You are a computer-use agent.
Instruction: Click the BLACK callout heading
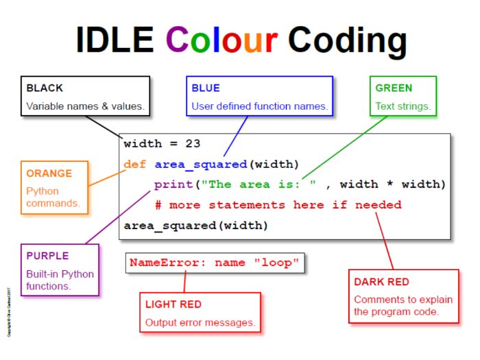point(45,88)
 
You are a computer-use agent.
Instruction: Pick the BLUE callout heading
point(205,88)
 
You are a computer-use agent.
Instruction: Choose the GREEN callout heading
point(394,88)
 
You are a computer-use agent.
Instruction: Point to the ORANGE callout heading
point(49,173)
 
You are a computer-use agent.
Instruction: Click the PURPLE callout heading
point(47,256)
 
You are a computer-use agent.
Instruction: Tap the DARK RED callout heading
point(381,282)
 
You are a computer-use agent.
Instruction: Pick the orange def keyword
point(135,165)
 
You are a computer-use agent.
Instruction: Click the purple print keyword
point(171,184)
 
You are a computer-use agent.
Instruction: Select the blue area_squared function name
point(200,165)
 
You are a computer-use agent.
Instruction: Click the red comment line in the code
point(278,205)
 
